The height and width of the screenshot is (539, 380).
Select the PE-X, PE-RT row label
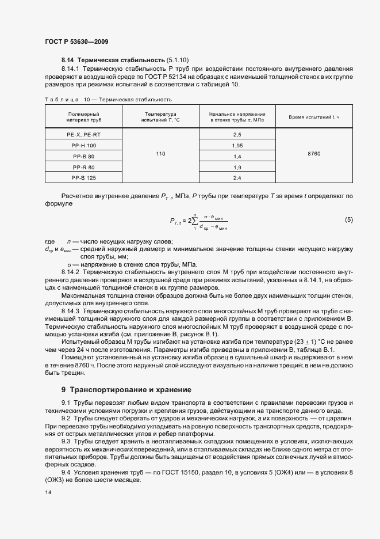click(x=84, y=134)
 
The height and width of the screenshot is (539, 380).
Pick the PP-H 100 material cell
click(x=84, y=145)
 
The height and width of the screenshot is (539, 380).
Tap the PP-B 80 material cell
click(x=84, y=156)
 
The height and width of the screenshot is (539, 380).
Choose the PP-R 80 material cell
click(x=84, y=167)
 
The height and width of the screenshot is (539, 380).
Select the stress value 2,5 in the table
click(x=237, y=134)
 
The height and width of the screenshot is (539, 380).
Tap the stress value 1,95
click(x=237, y=145)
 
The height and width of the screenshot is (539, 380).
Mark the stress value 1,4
click(x=237, y=156)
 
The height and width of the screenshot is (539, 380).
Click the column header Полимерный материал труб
click(x=84, y=117)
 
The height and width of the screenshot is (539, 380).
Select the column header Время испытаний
click(x=314, y=117)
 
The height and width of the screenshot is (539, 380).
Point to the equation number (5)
click(x=348, y=219)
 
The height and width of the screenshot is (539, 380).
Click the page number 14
click(x=47, y=492)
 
